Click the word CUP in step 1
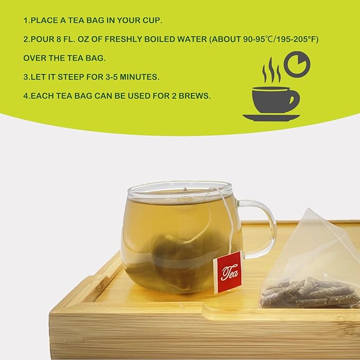point(152,21)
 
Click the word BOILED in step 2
point(160,40)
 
